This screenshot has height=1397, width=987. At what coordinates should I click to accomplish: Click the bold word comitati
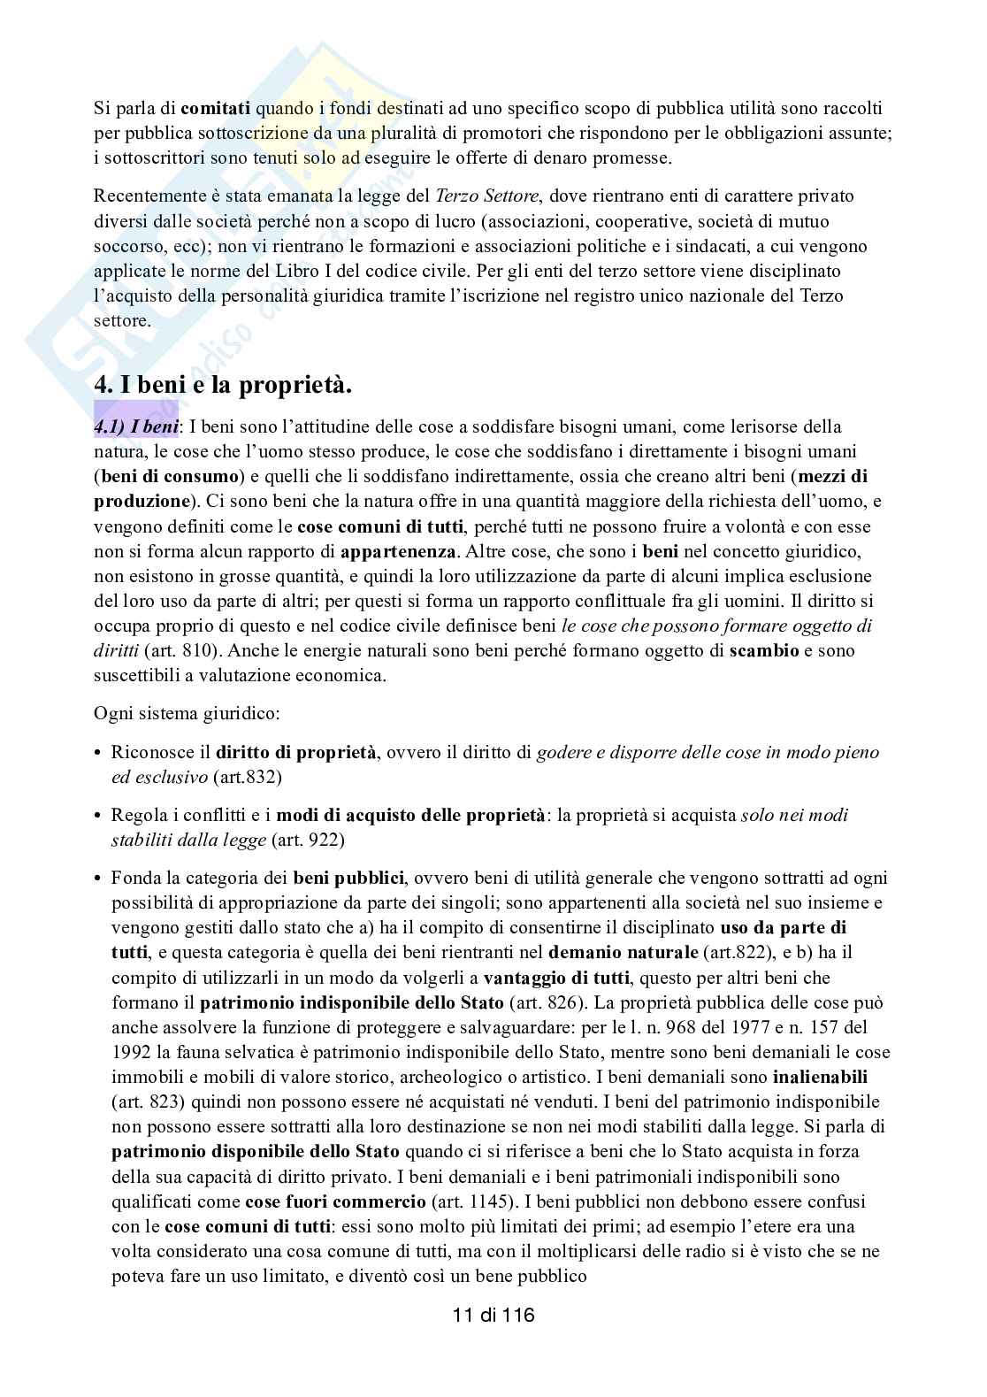coord(216,109)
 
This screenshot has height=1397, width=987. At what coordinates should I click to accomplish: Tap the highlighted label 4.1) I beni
coord(136,427)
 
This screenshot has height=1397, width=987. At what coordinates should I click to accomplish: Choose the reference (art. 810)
coord(174,650)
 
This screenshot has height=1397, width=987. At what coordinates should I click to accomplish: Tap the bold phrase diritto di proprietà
coord(297,753)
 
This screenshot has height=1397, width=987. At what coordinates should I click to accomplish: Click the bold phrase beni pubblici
coord(349,879)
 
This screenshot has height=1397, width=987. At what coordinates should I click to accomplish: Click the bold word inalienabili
coord(820,1078)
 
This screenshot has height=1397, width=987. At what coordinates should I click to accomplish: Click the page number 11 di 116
coord(493,1315)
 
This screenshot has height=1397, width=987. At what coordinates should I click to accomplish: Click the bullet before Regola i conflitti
coord(99,815)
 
